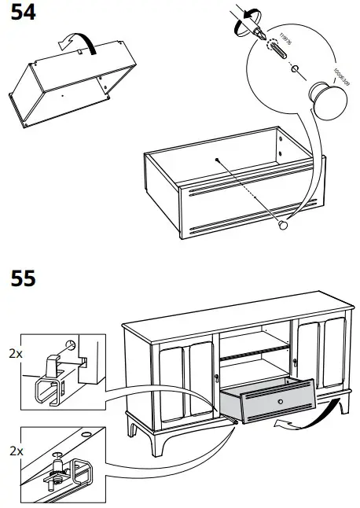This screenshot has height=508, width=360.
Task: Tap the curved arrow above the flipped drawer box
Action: [82, 42]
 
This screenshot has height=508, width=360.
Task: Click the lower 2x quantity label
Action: [14, 453]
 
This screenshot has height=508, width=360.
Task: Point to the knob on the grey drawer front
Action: [280, 402]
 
